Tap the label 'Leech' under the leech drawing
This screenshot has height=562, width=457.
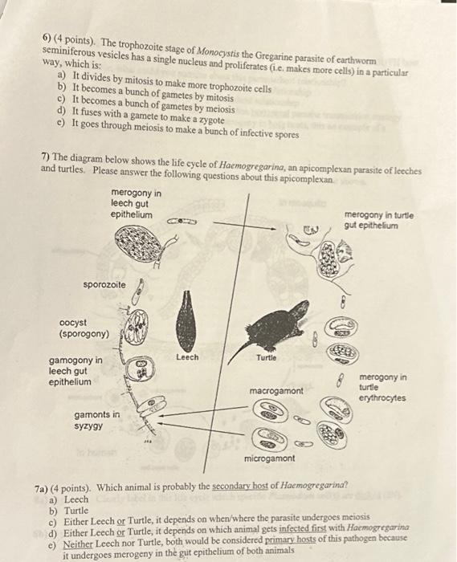186,357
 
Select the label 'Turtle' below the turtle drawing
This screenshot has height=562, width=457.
267,357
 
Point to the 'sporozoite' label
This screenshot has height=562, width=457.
104,285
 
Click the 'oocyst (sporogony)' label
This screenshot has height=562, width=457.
84,328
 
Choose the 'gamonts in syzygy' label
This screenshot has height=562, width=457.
96,420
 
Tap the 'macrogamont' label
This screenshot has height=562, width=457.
275,391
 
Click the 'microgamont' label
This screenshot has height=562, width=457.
269,458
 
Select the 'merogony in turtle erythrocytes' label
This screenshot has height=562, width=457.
382,387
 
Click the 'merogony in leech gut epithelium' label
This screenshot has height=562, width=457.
135,204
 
